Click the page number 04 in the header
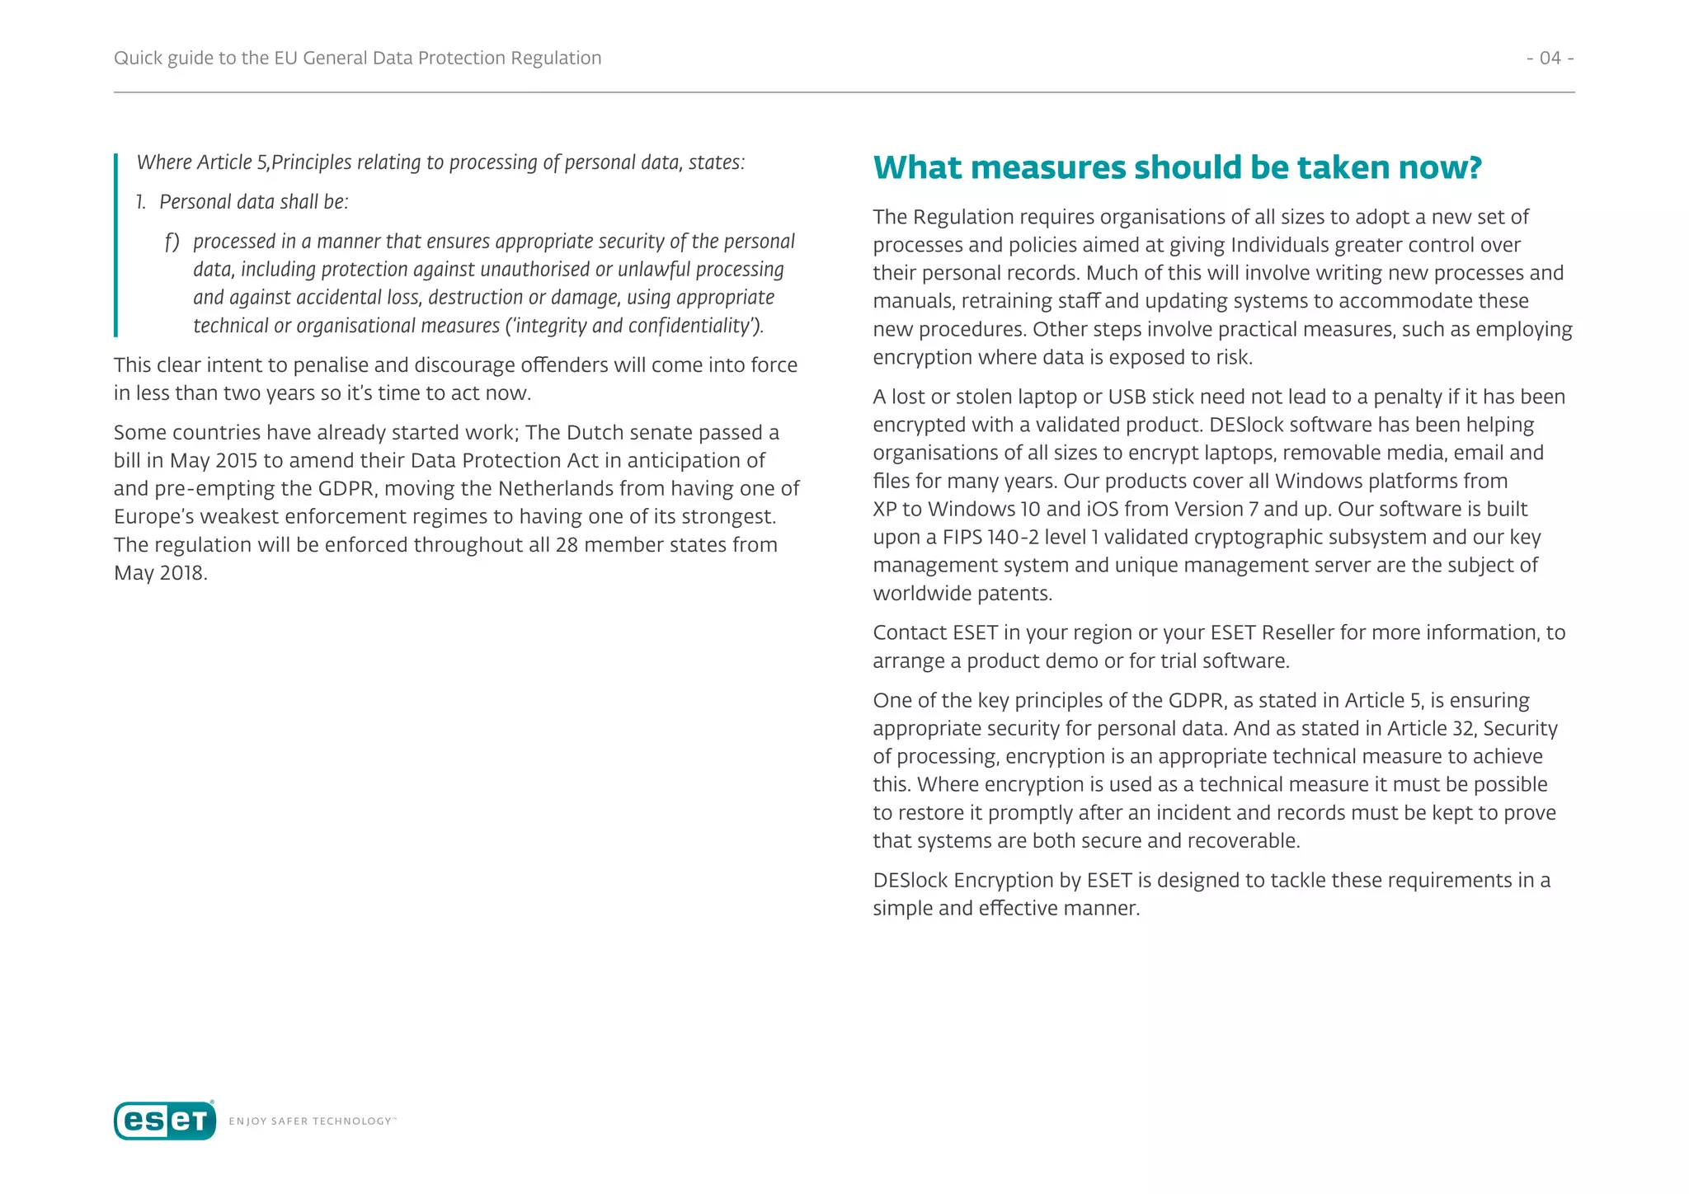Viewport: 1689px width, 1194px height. tap(1550, 58)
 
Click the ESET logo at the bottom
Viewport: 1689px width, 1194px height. tap(165, 1121)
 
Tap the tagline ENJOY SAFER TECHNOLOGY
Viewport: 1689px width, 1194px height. tap(312, 1121)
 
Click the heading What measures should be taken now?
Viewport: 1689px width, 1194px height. tap(1177, 167)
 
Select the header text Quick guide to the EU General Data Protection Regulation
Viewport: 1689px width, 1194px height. tap(357, 58)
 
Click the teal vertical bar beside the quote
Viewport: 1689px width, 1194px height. tap(116, 245)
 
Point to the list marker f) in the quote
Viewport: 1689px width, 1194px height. tap(172, 242)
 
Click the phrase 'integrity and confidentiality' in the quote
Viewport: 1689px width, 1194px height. tap(633, 326)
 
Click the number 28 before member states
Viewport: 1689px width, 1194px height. tap(567, 545)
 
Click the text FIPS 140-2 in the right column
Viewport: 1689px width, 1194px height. tap(990, 537)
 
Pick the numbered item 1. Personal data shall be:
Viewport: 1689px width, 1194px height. tap(243, 202)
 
